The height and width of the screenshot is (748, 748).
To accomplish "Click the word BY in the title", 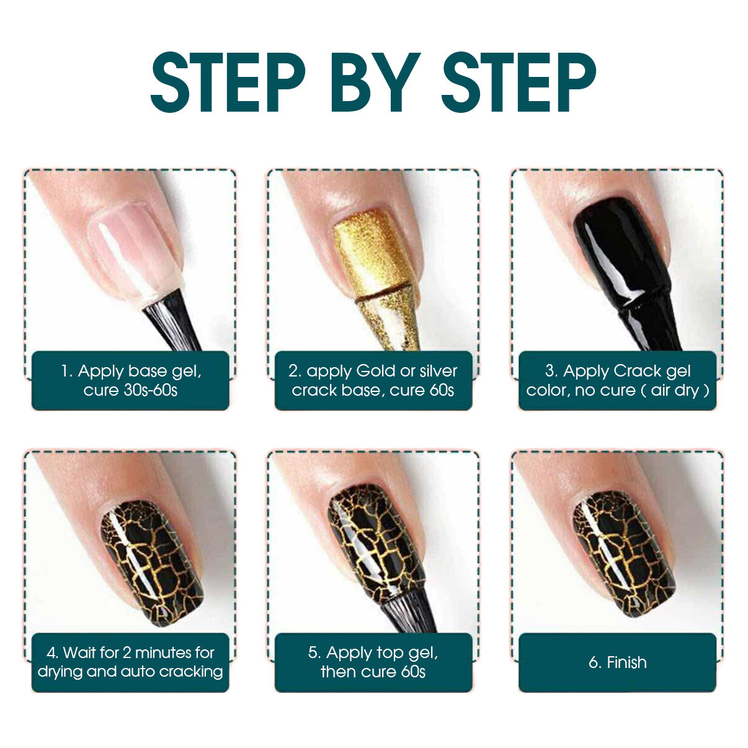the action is (x=375, y=82).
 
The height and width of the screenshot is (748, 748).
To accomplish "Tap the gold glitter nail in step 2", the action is (x=375, y=255).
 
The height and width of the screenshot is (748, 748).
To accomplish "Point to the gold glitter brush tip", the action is (x=388, y=322).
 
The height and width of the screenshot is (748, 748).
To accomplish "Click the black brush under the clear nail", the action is (x=171, y=321).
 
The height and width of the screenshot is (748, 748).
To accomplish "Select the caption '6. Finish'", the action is (x=618, y=662).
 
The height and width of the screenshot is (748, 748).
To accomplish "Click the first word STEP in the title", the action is (x=228, y=82).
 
